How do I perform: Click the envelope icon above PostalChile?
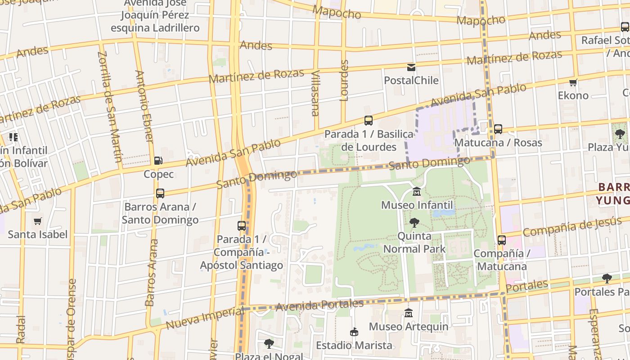411,67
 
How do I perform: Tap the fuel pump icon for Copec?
158,161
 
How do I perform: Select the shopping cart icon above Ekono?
573,82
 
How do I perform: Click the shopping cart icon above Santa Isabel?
37,221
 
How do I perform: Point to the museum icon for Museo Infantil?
417,192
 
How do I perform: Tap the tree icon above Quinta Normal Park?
414,222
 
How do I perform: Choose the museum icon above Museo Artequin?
409,313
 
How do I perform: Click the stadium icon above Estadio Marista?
354,332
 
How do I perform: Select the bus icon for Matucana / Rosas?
498,129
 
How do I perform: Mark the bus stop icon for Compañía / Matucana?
501,240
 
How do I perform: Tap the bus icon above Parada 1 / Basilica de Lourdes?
368,121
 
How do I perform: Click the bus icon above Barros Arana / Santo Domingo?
160,193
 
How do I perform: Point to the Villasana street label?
315,93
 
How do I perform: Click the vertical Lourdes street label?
344,80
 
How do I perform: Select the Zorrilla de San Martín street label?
110,106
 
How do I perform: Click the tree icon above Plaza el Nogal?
269,344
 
